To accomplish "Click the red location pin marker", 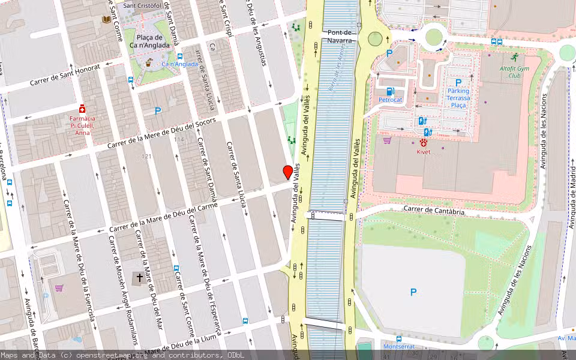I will click(x=288, y=172).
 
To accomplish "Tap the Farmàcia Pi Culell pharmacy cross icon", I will click(x=82, y=110).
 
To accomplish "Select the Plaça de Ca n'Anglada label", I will click(x=149, y=41).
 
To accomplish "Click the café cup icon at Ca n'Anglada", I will click(x=148, y=62).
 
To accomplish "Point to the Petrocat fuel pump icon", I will click(x=390, y=91).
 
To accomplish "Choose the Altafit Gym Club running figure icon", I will click(x=514, y=57).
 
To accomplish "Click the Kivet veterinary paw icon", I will click(x=424, y=143).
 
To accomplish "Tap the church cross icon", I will click(x=140, y=278).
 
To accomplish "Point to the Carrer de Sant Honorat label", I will click(x=63, y=75).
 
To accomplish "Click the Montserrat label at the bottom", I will click(x=399, y=346).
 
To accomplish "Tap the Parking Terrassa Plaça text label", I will click(x=458, y=98).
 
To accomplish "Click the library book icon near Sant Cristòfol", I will click(x=107, y=20).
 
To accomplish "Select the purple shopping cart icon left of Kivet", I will click(x=387, y=140).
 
